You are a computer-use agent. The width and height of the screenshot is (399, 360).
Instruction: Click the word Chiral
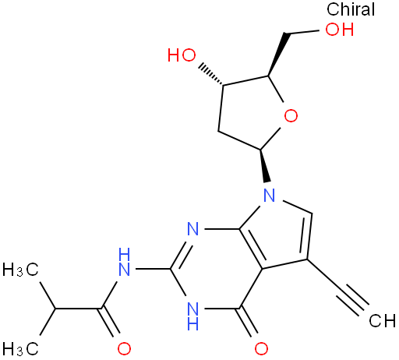tap(351, 9)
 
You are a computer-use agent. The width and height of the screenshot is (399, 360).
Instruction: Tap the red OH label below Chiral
tap(340, 29)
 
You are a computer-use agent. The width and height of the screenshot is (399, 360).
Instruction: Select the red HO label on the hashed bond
tap(182, 55)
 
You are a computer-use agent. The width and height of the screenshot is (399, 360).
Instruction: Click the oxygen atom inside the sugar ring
tap(291, 116)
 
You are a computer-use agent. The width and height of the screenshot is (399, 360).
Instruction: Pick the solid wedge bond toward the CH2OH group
tap(277, 55)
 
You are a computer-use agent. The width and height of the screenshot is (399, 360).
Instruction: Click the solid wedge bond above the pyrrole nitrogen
tap(264, 165)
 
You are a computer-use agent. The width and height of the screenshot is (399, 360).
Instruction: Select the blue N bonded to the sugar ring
tap(269, 196)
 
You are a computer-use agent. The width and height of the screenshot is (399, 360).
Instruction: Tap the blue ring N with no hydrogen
tap(192, 229)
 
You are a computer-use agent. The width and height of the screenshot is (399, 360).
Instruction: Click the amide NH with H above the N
tap(124, 261)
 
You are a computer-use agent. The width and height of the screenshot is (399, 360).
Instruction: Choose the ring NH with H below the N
tap(192, 316)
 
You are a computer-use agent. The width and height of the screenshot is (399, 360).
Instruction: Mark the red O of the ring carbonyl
tap(261, 348)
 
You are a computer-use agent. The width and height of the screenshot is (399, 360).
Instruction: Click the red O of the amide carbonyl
tap(124, 348)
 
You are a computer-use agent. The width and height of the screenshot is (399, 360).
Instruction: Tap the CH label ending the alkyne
tap(383, 321)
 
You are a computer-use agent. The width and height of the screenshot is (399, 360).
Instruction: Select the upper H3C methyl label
tap(21, 270)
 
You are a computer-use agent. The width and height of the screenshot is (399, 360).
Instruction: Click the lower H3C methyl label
tap(21, 348)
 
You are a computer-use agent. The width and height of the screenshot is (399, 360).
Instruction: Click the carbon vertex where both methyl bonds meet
tap(55, 309)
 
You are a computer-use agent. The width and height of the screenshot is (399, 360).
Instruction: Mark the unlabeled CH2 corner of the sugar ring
tap(218, 131)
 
